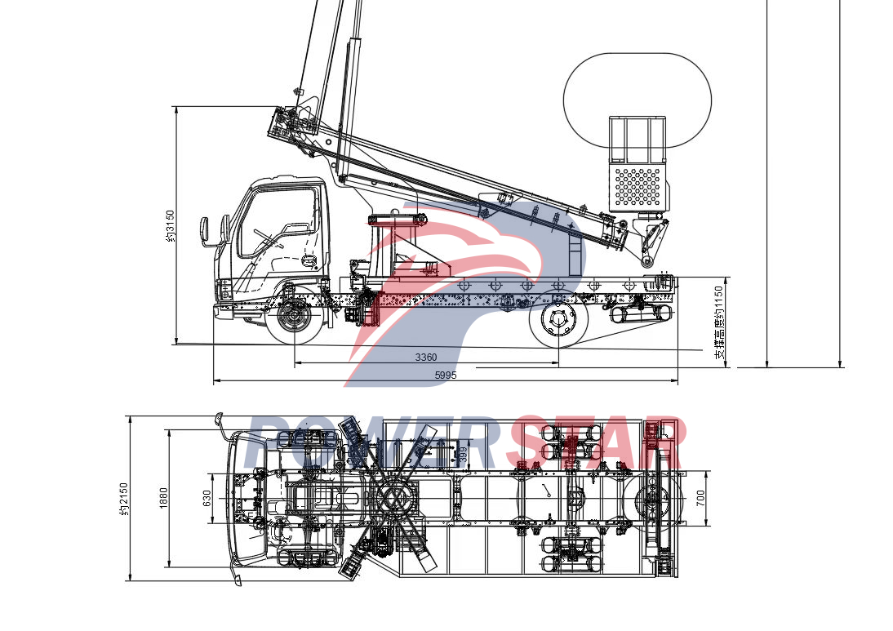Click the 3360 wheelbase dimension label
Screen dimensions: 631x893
(x=425, y=358)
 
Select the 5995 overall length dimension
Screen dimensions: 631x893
(x=445, y=375)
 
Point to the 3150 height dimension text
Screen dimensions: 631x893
(x=170, y=226)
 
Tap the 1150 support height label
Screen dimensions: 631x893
(x=718, y=322)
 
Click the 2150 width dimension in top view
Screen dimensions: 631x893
(x=123, y=499)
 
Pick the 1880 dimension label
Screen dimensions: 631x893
(x=163, y=498)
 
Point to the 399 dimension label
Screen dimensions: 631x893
(x=463, y=455)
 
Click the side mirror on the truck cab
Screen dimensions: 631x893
(x=205, y=230)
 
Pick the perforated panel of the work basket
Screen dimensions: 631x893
(x=637, y=186)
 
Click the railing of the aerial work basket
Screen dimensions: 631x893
(x=638, y=139)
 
